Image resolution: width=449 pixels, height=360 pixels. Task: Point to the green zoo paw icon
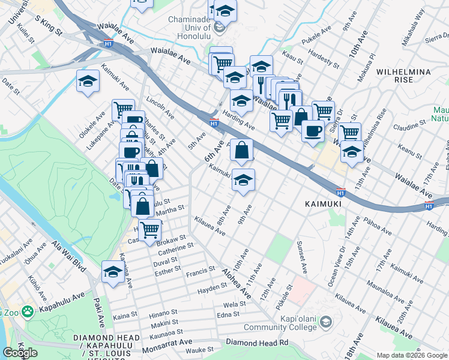click(x=26, y=311)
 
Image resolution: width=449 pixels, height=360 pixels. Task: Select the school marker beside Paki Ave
click(x=113, y=271)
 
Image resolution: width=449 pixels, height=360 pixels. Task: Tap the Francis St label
click(x=200, y=271)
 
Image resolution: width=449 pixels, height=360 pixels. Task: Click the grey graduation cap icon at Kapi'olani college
click(x=325, y=323)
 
